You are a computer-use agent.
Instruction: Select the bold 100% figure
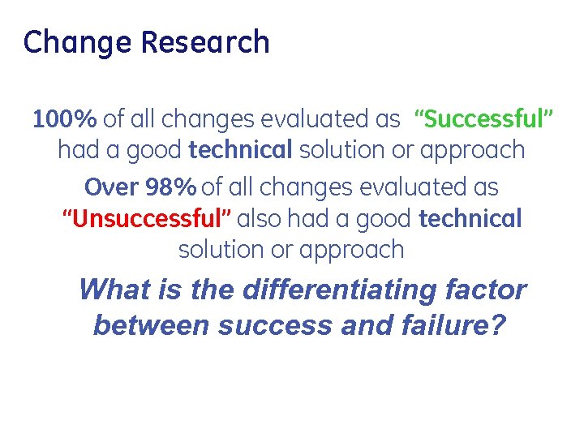(64, 119)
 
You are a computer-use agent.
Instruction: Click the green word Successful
(483, 119)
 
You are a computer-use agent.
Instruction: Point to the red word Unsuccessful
(148, 218)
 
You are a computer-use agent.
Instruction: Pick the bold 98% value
(170, 187)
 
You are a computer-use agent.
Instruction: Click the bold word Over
(112, 187)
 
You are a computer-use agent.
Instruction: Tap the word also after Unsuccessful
(264, 218)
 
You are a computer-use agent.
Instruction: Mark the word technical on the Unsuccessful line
(470, 218)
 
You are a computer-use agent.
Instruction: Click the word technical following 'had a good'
(240, 150)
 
